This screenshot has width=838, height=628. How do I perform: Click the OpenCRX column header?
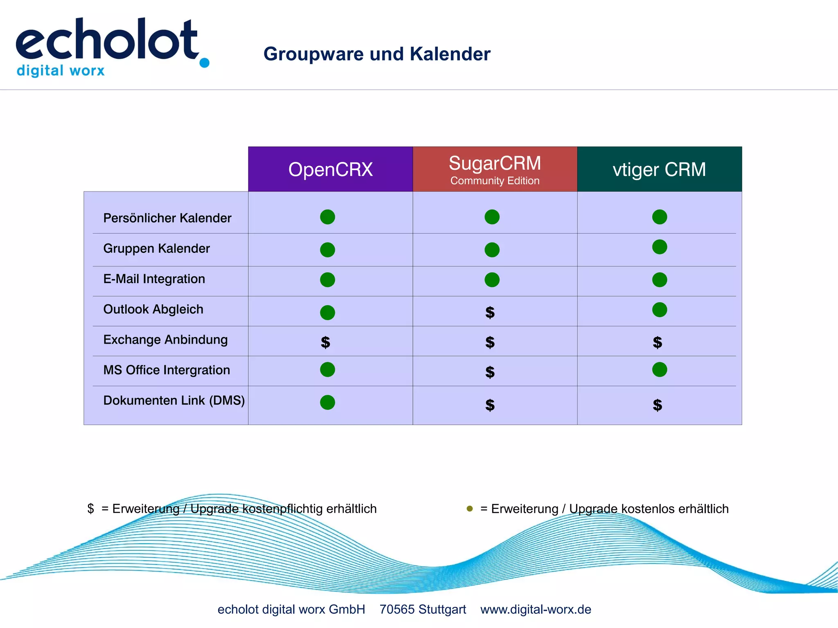coord(330,169)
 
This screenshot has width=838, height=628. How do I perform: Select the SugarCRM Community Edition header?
coord(495,169)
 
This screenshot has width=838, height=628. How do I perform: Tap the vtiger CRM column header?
coord(659,169)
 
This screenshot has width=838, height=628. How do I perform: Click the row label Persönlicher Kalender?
coord(167,218)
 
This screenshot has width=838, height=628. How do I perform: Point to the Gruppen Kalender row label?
coord(156,248)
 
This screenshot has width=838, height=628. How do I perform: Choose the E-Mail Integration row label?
coord(154,279)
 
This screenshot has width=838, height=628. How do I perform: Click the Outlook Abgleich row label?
coord(153,309)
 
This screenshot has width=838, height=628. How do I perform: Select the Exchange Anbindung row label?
coord(165,340)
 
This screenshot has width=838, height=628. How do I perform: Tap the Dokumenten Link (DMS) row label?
coord(174,400)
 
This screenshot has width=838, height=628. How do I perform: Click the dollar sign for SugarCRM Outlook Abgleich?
coord(490,313)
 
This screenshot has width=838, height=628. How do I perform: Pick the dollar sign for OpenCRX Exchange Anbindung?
coord(325,342)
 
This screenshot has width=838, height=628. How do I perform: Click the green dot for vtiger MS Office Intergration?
coord(659,369)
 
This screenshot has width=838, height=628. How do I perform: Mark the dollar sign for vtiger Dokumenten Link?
coord(657,405)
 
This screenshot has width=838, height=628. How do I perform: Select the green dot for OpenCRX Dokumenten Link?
coord(327,402)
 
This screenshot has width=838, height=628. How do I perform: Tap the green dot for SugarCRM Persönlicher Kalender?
coord(492,217)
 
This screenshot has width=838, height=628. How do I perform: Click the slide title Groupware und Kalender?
coord(377,54)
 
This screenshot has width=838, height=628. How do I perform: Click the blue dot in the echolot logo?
coord(204,63)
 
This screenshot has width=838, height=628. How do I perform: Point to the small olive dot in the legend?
coord(470,509)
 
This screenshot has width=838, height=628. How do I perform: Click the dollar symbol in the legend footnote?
coord(90,509)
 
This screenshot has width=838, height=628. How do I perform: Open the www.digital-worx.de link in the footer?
coord(536,609)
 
